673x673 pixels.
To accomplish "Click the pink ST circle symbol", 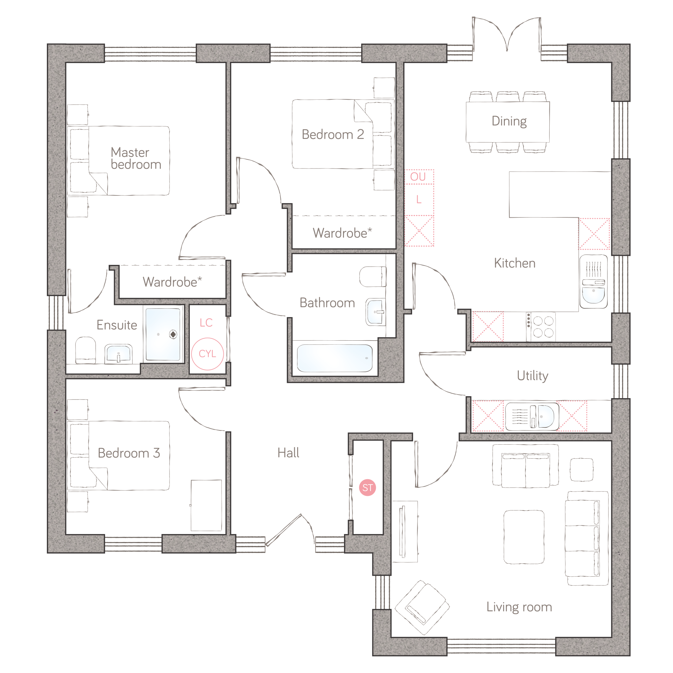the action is [368, 488].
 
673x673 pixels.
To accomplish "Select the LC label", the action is [206, 323].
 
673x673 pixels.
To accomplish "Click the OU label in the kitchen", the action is [418, 176].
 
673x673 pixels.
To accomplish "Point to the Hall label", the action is [288, 453].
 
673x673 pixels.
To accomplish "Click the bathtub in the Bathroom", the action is [335, 358].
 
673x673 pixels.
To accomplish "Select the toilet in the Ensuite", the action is [86, 350].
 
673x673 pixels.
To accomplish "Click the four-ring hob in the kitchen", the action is [543, 327].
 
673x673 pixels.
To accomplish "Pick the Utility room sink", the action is [532, 416].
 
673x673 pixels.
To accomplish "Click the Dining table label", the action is [509, 121].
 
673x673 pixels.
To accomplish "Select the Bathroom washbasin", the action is [376, 312].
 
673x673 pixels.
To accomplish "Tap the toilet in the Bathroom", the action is [373, 277].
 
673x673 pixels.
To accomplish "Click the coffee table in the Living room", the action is [524, 537].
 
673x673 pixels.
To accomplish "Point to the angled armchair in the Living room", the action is [422, 608].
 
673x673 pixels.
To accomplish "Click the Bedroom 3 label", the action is [129, 453].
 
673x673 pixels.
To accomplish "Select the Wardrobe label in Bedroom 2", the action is [342, 233].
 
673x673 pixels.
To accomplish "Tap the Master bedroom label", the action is [136, 158].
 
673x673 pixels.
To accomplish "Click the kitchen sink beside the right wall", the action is [594, 282].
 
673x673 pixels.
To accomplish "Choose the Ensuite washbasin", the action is [118, 354].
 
